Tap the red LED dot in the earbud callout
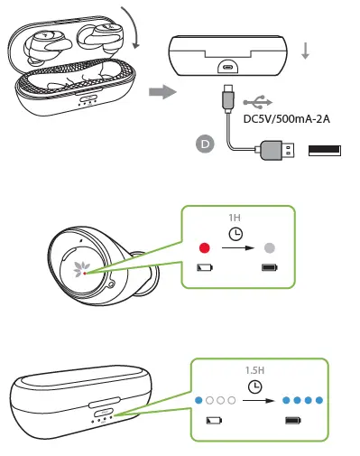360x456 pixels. pos(205,247)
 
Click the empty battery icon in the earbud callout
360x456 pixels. pos(205,267)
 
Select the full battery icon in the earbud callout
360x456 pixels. pos(269,267)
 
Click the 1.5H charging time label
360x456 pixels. pos(255,371)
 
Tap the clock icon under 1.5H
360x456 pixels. pos(255,386)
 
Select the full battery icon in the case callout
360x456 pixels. pos(291,420)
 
